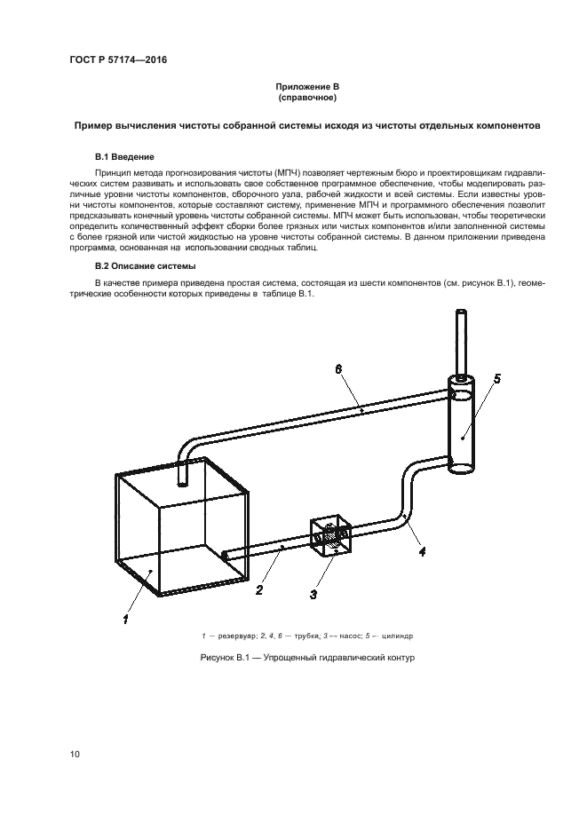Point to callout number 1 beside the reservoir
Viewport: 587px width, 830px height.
126,619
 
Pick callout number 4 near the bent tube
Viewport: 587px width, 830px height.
421,550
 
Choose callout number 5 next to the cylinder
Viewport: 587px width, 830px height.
496,379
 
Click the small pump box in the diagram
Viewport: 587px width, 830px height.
330,538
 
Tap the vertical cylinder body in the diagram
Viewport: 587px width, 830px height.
462,426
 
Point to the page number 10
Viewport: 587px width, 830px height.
75,755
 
